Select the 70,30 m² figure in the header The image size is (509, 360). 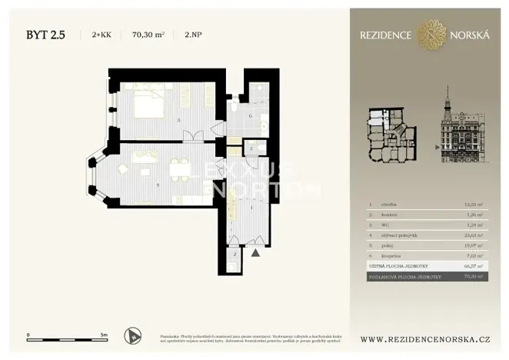point(148,35)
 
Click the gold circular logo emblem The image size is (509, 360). point(431,34)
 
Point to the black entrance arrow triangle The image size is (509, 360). point(257,250)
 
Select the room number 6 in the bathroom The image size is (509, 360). point(251,116)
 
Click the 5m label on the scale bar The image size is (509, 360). point(104,336)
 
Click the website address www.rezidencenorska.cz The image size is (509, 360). point(426,338)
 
